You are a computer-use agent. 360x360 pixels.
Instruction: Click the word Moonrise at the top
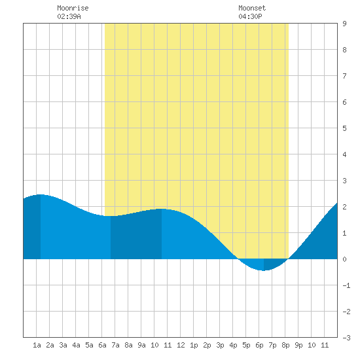point(73,8)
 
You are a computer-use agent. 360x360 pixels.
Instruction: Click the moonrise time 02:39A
point(69,16)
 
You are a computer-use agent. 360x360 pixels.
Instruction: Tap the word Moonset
point(252,8)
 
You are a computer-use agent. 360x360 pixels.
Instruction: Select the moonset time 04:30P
point(250,16)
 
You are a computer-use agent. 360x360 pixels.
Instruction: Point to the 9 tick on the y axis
point(344,24)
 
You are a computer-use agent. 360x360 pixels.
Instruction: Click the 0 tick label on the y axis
point(344,259)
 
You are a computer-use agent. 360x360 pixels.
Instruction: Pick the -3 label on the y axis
point(346,338)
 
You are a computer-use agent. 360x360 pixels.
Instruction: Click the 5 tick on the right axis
point(344,128)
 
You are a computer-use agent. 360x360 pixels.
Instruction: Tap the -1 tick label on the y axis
point(346,285)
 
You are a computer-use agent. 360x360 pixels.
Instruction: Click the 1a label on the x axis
point(37,345)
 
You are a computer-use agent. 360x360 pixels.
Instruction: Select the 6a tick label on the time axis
point(102,345)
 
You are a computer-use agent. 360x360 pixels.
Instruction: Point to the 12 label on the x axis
point(181,345)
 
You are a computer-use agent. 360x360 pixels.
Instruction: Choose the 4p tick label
point(233,345)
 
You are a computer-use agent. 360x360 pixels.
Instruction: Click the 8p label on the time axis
point(285,345)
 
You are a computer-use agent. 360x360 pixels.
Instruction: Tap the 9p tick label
point(298,345)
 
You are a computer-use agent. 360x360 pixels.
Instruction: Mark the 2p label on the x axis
point(207,345)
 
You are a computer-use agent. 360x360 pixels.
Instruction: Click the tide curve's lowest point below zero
point(264,270)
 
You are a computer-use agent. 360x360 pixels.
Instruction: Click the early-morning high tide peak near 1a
point(41,194)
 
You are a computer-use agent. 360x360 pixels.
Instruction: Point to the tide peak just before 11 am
point(162,209)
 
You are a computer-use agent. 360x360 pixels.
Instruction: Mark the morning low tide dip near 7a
point(111,216)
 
